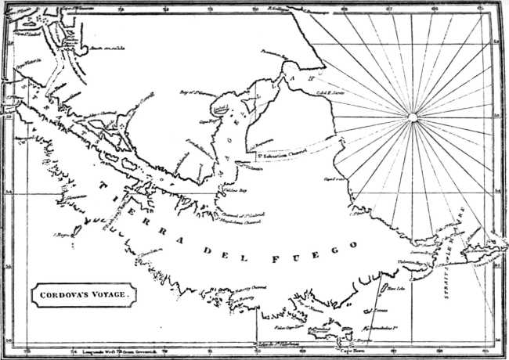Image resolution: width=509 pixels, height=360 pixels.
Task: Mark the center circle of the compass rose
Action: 410,118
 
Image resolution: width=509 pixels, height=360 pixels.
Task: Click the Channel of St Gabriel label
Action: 240,214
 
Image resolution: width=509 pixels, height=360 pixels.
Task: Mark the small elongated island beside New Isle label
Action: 382,290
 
